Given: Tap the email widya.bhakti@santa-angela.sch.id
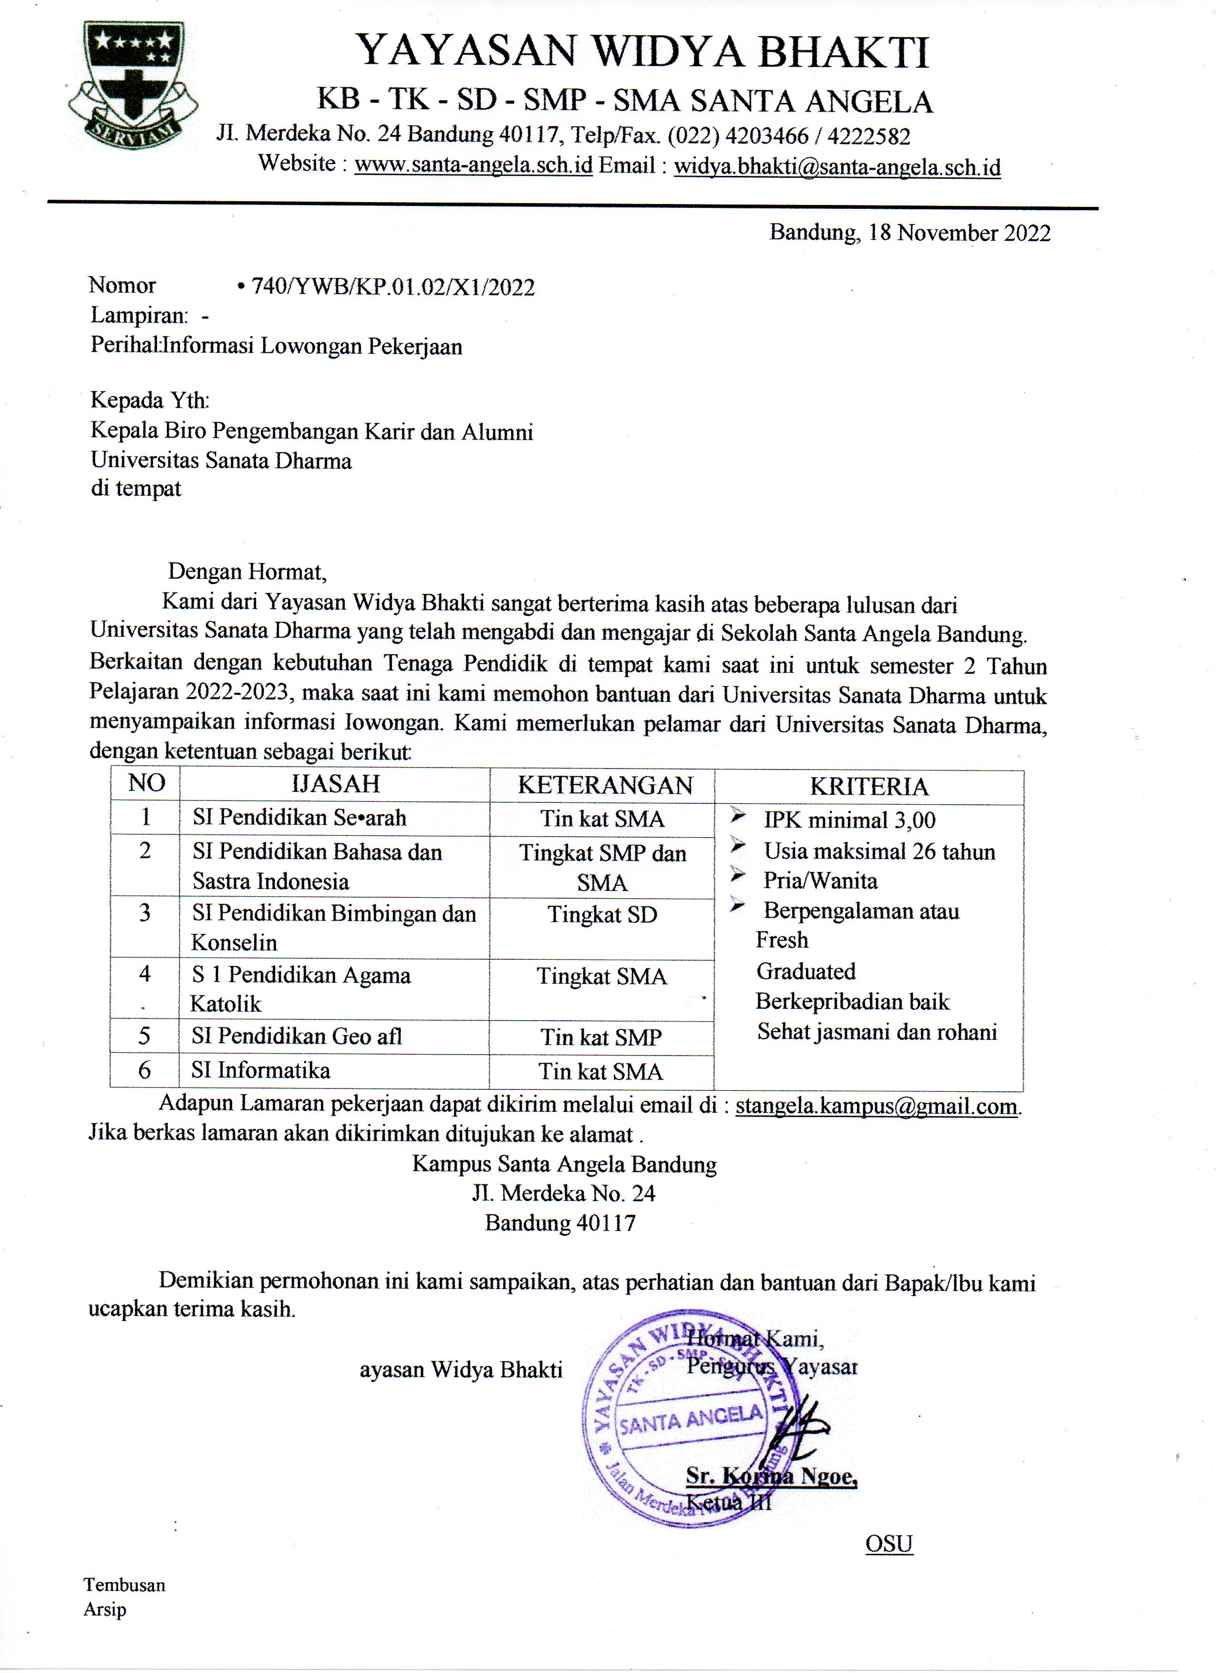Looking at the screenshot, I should pyautogui.click(x=837, y=167).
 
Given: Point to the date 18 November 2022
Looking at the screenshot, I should pyautogui.click(x=959, y=233).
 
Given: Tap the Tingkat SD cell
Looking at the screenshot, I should pyautogui.click(x=602, y=915).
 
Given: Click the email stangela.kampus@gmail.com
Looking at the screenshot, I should pyautogui.click(x=876, y=1106).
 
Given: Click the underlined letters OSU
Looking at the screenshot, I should pyautogui.click(x=889, y=1543).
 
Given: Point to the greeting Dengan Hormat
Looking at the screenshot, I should pyautogui.click(x=247, y=571).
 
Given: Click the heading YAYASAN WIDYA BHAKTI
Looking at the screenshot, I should pyautogui.click(x=642, y=51).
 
